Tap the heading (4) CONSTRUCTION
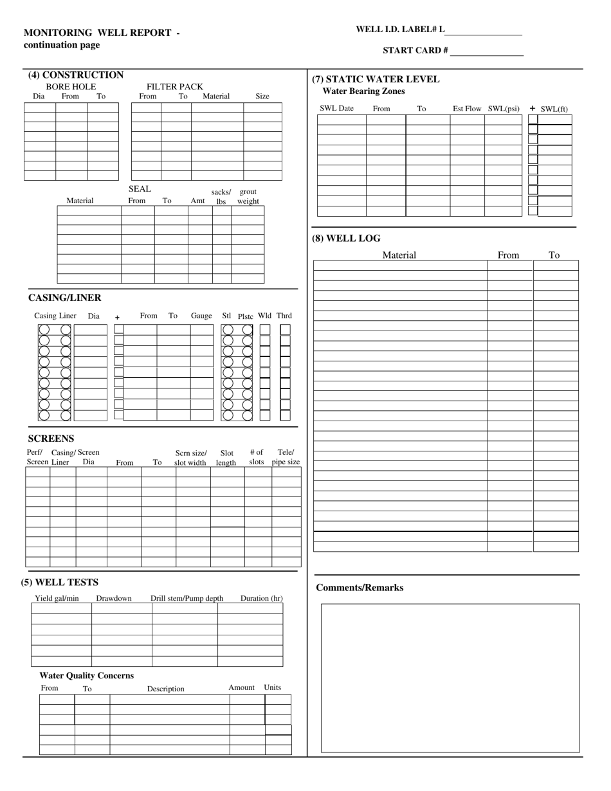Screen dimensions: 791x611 click(76, 75)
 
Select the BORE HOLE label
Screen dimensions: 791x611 click(71, 87)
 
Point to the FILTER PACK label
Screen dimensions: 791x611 click(174, 87)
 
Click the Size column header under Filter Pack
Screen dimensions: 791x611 click(262, 96)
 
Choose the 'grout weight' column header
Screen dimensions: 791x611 click(248, 196)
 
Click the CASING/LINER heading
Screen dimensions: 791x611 click(64, 298)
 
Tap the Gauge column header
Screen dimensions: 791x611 click(201, 316)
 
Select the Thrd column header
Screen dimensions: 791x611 click(284, 316)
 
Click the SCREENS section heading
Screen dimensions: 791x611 click(51, 439)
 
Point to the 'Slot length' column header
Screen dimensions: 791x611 click(226, 457)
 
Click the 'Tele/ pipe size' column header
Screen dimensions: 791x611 click(286, 457)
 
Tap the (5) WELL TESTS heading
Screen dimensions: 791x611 click(60, 583)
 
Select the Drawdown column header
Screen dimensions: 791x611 click(114, 599)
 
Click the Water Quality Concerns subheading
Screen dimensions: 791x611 click(87, 676)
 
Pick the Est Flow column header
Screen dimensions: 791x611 click(467, 109)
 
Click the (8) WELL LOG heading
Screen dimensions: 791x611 click(346, 239)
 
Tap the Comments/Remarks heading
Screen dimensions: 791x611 click(360, 588)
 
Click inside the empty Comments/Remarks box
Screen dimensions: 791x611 click(450, 678)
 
